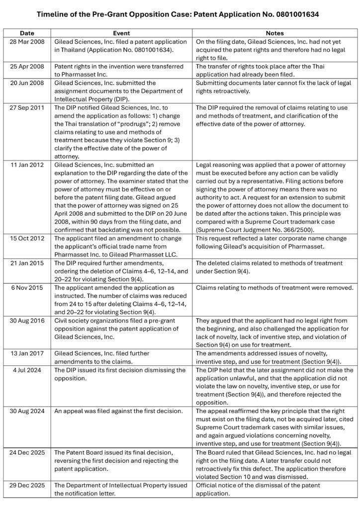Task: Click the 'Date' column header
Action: point(28,33)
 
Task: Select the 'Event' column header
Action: point(122,33)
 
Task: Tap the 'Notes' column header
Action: point(274,33)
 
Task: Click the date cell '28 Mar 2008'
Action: point(28,42)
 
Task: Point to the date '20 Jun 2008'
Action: point(28,83)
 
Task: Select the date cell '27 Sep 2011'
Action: point(28,108)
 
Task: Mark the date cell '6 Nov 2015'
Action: point(28,288)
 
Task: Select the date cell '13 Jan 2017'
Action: point(28,353)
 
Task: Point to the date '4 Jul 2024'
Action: point(28,370)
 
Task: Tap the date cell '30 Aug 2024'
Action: point(28,411)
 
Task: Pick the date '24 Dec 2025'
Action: point(28,452)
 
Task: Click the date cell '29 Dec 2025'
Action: point(28,485)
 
